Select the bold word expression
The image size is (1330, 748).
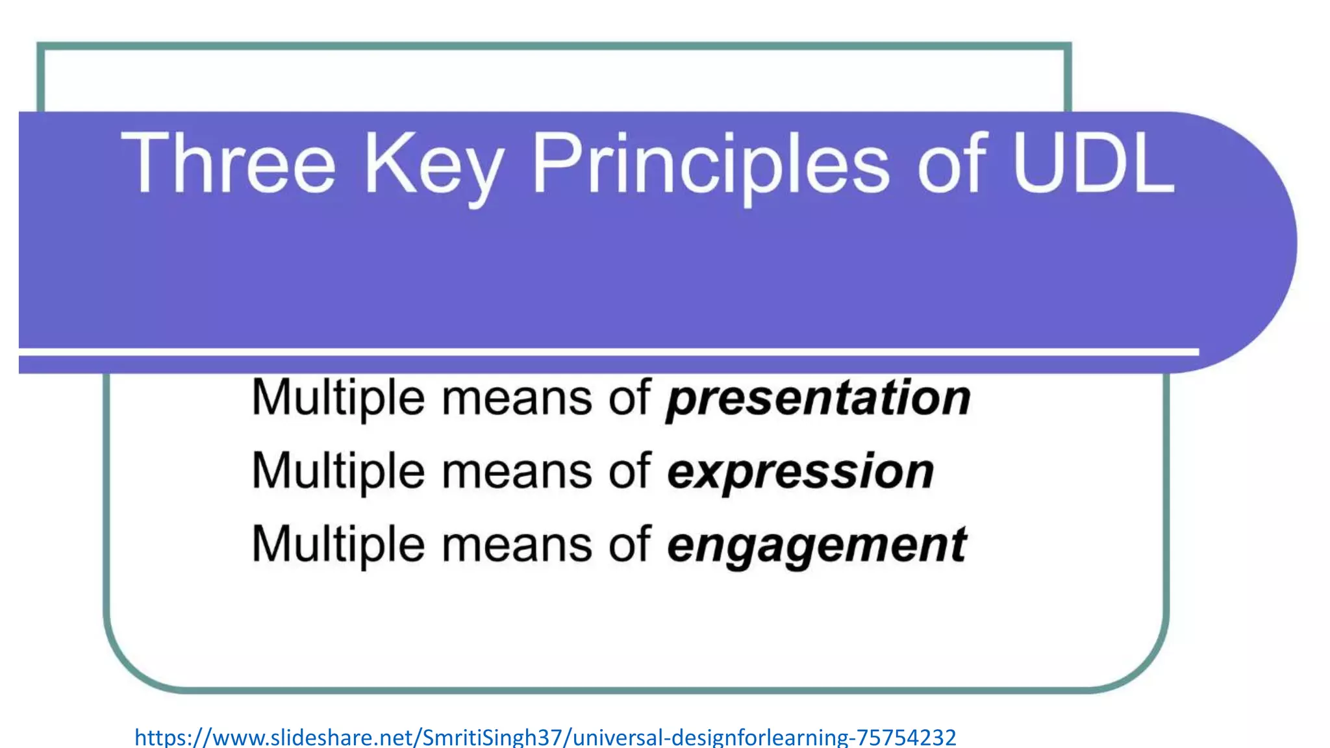tap(800, 472)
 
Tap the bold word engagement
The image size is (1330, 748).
tap(817, 546)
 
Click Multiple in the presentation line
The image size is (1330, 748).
tap(338, 398)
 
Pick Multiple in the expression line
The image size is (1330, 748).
tap(338, 472)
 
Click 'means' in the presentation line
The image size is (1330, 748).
tap(517, 398)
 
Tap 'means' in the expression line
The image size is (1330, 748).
tap(517, 472)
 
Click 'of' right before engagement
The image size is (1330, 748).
tap(629, 544)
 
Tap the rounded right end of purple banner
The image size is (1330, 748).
tap(1253, 243)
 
